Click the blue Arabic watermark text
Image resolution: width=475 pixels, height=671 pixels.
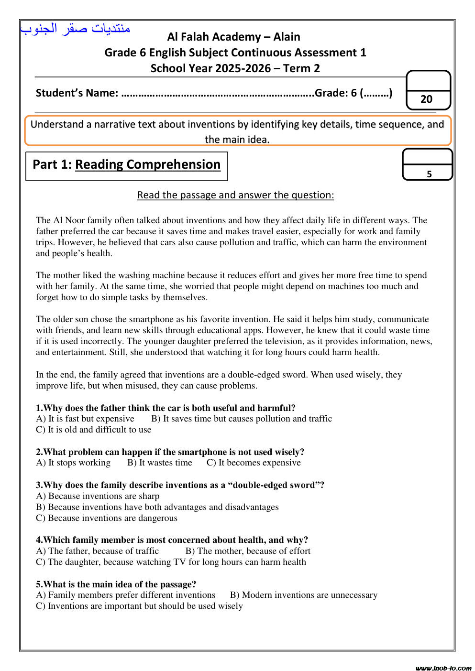[76, 29]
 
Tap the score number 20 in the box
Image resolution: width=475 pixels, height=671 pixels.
[426, 99]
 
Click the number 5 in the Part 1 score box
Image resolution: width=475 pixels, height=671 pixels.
[429, 174]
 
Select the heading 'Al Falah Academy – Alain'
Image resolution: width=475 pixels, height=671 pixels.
[234, 37]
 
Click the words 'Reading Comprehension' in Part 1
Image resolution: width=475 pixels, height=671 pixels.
[148, 164]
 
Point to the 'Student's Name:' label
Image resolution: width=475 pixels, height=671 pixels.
[77, 93]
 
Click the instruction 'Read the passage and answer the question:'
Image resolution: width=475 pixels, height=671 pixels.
[235, 195]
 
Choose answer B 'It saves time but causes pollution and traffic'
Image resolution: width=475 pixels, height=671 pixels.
[242, 419]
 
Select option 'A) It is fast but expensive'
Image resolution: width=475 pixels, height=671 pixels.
[85, 419]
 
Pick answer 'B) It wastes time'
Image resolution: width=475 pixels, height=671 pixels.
[160, 463]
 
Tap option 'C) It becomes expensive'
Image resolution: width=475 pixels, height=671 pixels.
[254, 463]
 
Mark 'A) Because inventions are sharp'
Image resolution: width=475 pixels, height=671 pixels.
[98, 496]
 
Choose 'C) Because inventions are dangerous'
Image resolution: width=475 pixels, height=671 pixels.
[107, 518]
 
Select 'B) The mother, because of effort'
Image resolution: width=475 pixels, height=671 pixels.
[248, 551]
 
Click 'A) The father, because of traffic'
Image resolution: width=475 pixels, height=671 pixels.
[97, 551]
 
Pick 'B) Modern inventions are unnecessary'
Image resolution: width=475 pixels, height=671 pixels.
[304, 595]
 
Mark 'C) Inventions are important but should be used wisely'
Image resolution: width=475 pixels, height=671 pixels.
[139, 606]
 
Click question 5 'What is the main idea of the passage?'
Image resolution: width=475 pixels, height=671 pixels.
[116, 584]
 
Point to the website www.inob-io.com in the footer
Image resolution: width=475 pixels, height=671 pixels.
[443, 668]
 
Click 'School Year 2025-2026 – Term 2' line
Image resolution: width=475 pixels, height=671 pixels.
[235, 68]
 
